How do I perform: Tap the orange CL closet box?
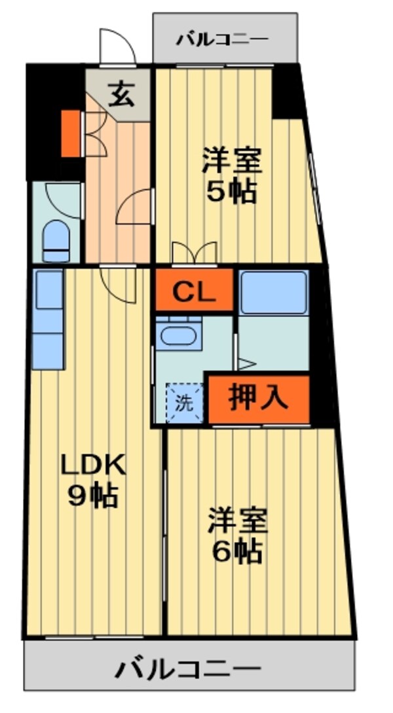194,291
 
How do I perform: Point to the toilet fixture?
56,240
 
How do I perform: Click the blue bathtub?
273,292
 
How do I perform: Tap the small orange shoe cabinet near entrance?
70,133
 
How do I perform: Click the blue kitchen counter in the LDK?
48,320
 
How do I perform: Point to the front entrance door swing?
117,47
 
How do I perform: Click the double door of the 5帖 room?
193,253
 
